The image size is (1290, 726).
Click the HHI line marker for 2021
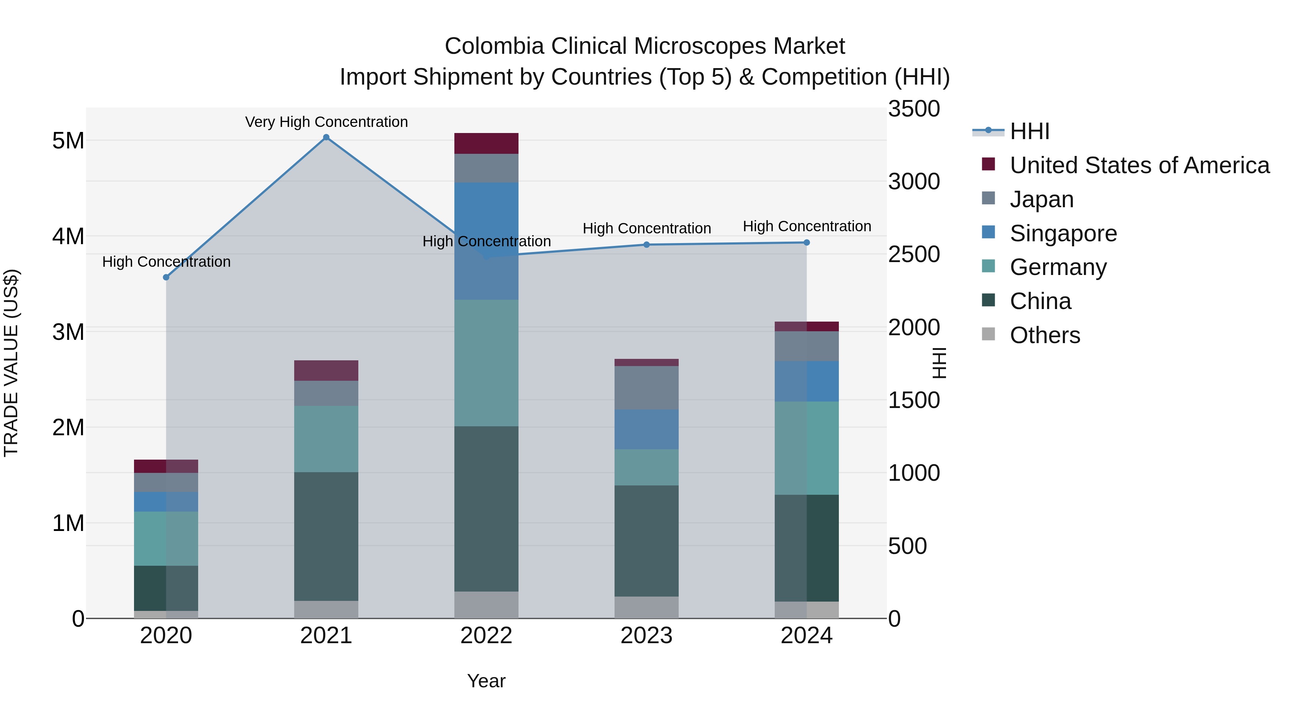[326, 137]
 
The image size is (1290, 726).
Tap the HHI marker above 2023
[646, 245]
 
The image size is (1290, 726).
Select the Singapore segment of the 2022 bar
[486, 241]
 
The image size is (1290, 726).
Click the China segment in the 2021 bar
[326, 536]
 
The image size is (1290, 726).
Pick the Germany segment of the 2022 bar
[486, 363]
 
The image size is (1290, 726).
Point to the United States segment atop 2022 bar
[486, 143]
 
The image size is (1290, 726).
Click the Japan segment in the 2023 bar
[646, 388]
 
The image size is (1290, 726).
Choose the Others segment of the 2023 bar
[646, 607]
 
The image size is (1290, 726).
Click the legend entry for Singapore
[1063, 233]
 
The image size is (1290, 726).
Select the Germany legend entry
[1058, 267]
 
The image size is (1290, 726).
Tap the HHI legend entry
[1029, 131]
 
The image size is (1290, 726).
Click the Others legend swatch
[988, 334]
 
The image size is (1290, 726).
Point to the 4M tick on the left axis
[68, 236]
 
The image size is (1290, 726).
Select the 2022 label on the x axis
[486, 636]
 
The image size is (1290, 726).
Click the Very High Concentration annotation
[326, 122]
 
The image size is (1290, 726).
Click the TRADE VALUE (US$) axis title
[11, 363]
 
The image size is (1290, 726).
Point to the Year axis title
[486, 681]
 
